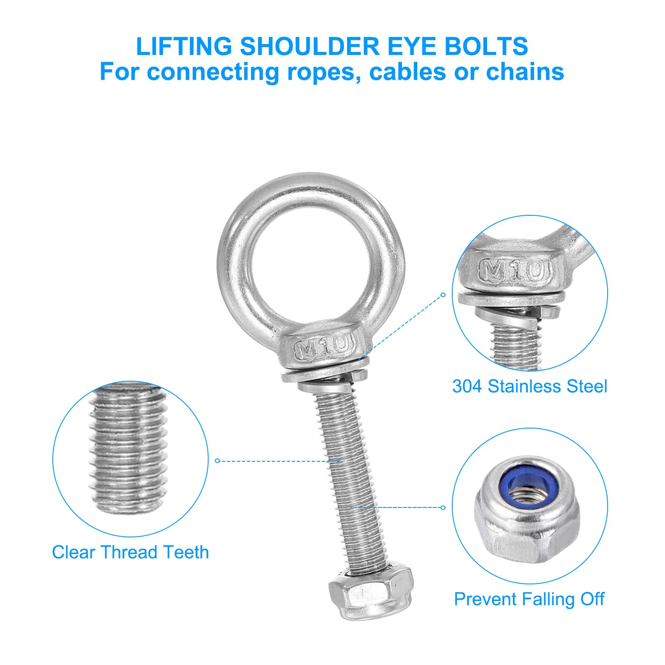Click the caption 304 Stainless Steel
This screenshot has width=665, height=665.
530,387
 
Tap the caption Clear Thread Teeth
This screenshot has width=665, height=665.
131,552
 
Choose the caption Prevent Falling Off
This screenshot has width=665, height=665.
529,599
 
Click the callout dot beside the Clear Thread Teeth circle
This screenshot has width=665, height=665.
217,461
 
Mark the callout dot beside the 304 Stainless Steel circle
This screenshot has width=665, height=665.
443,295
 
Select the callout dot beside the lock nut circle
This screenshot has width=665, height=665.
443,507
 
